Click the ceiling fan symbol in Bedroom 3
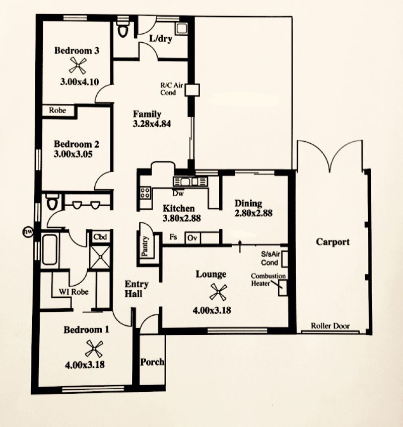[78, 65]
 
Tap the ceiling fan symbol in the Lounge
[218, 292]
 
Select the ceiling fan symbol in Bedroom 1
[94, 349]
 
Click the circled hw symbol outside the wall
[28, 232]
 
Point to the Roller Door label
[330, 326]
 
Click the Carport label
[332, 242]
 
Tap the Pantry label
[145, 246]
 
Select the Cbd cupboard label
[100, 237]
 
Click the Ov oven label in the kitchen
[192, 238]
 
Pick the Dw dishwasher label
[178, 193]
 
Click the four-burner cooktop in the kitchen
[145, 193]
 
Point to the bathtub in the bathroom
[50, 249]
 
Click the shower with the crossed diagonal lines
[100, 257]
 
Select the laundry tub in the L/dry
[181, 28]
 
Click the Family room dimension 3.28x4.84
[152, 124]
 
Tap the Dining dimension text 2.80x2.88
[253, 213]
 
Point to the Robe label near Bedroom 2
[57, 110]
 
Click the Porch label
[152, 362]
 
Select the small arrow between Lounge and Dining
[240, 246]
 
